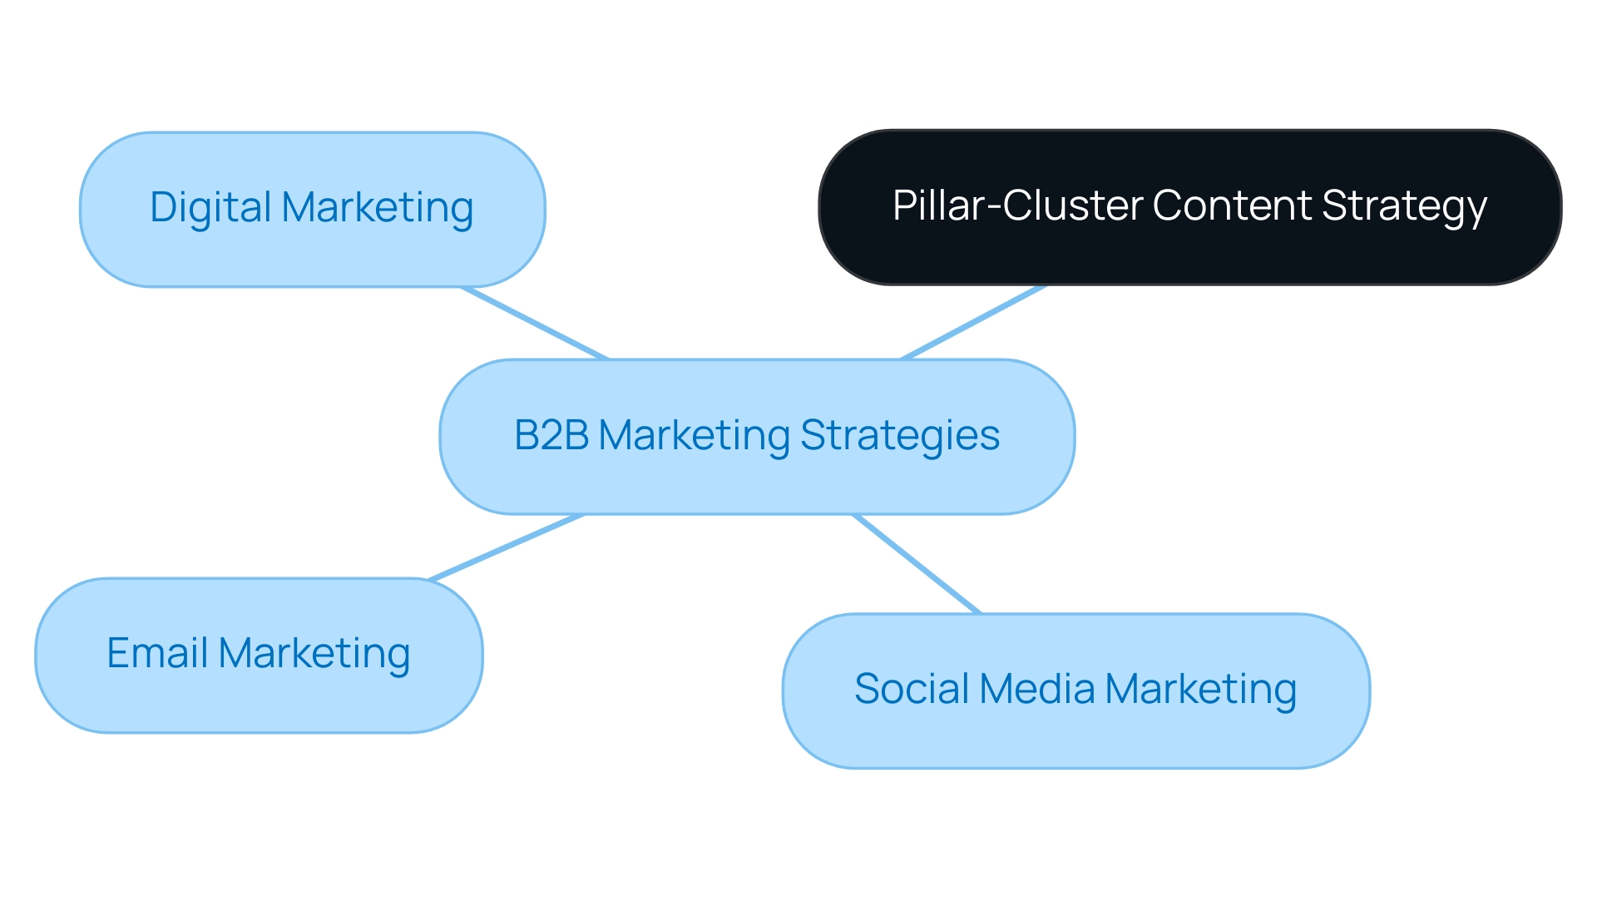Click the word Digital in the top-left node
pos(211,207)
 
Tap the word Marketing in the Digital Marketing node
pos(378,207)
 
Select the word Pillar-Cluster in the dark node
pos(1017,205)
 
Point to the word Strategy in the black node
pos(1404,205)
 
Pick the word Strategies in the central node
pos(900,435)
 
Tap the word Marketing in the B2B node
pos(694,435)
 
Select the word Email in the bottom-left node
pos(157,653)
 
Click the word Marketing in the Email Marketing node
pos(314,653)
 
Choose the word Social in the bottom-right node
pos(912,689)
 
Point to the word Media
pos(1037,689)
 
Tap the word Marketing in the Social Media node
pos(1201,689)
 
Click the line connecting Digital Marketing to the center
pos(536,324)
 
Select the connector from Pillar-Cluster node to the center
pos(973,323)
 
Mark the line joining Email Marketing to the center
pos(506,547)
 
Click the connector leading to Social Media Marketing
pos(917,564)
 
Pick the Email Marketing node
pos(259,699)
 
